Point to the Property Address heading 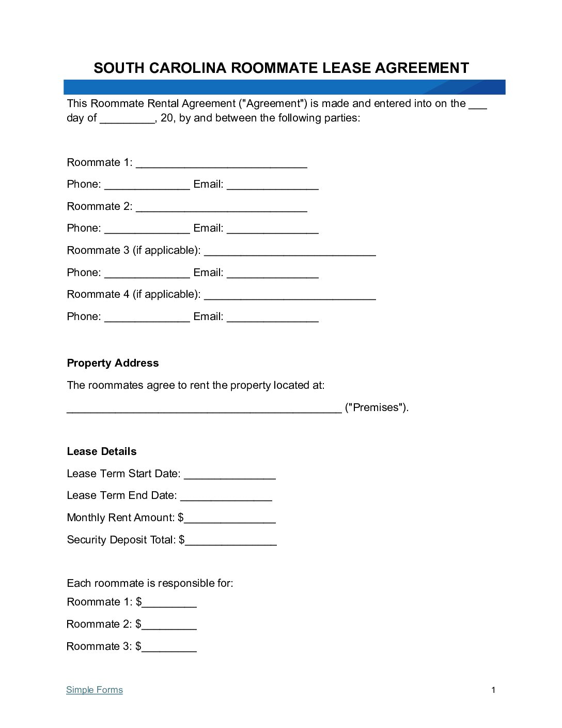(x=113, y=363)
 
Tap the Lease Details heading (x=102, y=451)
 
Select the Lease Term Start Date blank (x=229, y=476)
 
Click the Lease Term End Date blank (x=226, y=497)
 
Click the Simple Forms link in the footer (x=95, y=690)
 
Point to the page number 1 (x=493, y=690)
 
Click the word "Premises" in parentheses (x=376, y=407)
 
